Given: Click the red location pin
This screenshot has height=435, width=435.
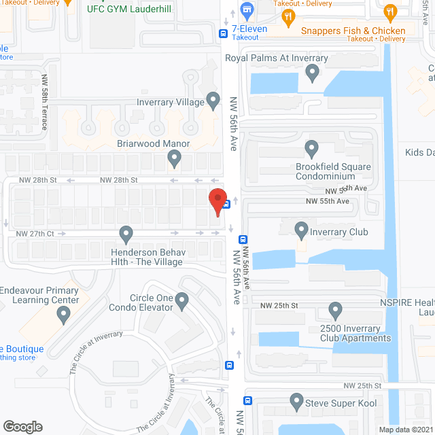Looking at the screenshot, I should (x=217, y=202).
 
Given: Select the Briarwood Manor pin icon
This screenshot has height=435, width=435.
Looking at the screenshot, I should (x=175, y=159).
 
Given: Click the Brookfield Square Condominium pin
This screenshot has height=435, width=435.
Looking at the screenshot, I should (x=312, y=147).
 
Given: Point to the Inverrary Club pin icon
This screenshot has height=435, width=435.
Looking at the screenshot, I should (x=301, y=230).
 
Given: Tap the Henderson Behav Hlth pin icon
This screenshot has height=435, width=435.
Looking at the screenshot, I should (x=126, y=234).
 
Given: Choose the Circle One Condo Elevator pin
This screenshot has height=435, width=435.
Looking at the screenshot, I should (x=181, y=300).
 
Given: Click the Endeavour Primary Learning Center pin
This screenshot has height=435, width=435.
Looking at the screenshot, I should (x=64, y=315).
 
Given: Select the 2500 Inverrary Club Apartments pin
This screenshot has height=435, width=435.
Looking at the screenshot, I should (x=335, y=311).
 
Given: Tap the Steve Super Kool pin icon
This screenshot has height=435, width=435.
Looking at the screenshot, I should (x=296, y=401).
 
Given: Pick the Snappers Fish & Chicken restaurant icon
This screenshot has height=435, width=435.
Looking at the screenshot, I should (x=389, y=12).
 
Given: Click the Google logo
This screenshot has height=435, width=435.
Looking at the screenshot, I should (x=22, y=426).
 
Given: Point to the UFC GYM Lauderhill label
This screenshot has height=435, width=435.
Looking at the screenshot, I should (x=129, y=10).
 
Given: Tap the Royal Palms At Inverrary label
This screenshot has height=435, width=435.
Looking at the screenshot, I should (x=277, y=58).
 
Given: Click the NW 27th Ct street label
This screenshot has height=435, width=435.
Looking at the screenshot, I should (x=35, y=233).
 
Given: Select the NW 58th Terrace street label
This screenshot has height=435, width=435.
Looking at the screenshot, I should (x=45, y=102).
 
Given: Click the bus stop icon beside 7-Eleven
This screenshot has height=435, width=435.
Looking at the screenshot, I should (x=223, y=33).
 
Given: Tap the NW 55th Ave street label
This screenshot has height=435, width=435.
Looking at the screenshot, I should (x=327, y=201).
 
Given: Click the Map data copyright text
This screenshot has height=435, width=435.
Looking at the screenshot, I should (x=405, y=430).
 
